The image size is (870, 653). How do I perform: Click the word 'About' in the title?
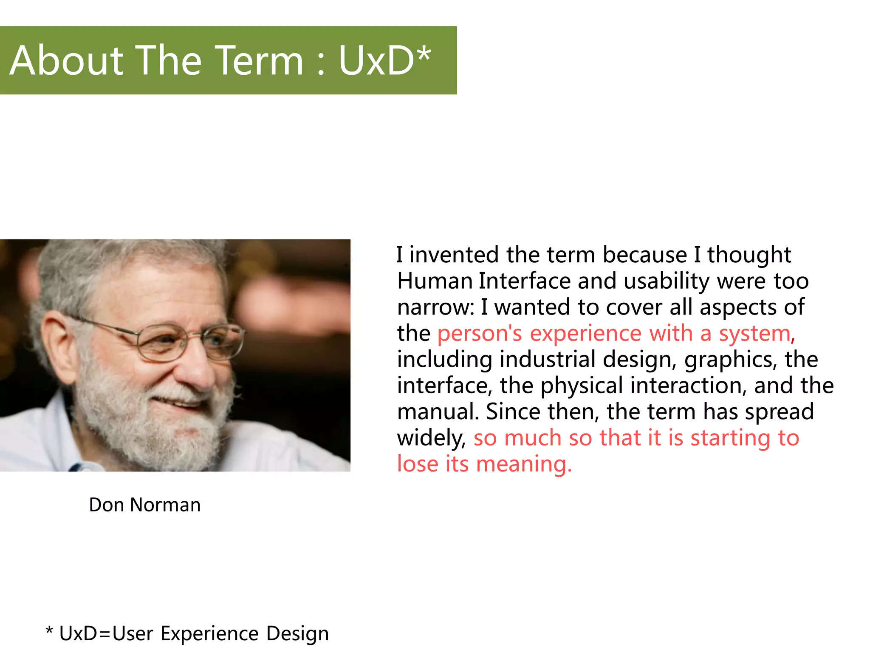(x=66, y=61)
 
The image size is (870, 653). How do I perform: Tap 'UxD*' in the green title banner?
(x=384, y=61)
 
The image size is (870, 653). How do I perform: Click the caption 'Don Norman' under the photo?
(x=144, y=505)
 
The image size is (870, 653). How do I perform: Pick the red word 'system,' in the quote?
(x=757, y=333)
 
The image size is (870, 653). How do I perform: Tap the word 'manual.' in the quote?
(x=438, y=412)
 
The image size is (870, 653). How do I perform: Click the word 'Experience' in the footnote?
(x=209, y=633)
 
